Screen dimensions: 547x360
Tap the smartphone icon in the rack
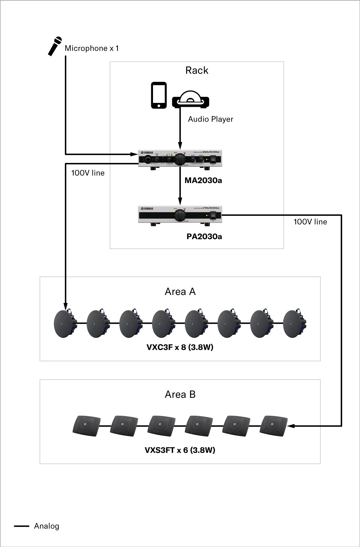pyautogui.click(x=158, y=95)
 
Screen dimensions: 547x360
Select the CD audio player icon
pyautogui.click(x=190, y=99)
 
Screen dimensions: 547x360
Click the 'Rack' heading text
pyautogui.click(x=196, y=71)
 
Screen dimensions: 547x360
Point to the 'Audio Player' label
pyautogui.click(x=210, y=119)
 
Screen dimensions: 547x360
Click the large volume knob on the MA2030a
pyautogui.click(x=180, y=159)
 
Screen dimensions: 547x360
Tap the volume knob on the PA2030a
pyautogui.click(x=180, y=215)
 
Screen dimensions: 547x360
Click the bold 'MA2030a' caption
pyautogui.click(x=203, y=181)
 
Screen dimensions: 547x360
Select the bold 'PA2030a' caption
pyautogui.click(x=204, y=237)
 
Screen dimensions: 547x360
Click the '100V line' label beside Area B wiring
pyautogui.click(x=310, y=222)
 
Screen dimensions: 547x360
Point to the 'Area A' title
pyautogui.click(x=180, y=292)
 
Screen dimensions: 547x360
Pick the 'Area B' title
pyautogui.click(x=180, y=395)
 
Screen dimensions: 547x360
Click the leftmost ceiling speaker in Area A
pyautogui.click(x=64, y=323)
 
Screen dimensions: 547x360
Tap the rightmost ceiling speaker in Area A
pyautogui.click(x=294, y=323)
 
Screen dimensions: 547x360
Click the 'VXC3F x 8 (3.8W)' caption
pyautogui.click(x=180, y=347)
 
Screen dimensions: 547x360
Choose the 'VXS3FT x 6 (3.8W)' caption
pyautogui.click(x=180, y=450)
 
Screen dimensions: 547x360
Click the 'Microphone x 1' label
pyautogui.click(x=91, y=48)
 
